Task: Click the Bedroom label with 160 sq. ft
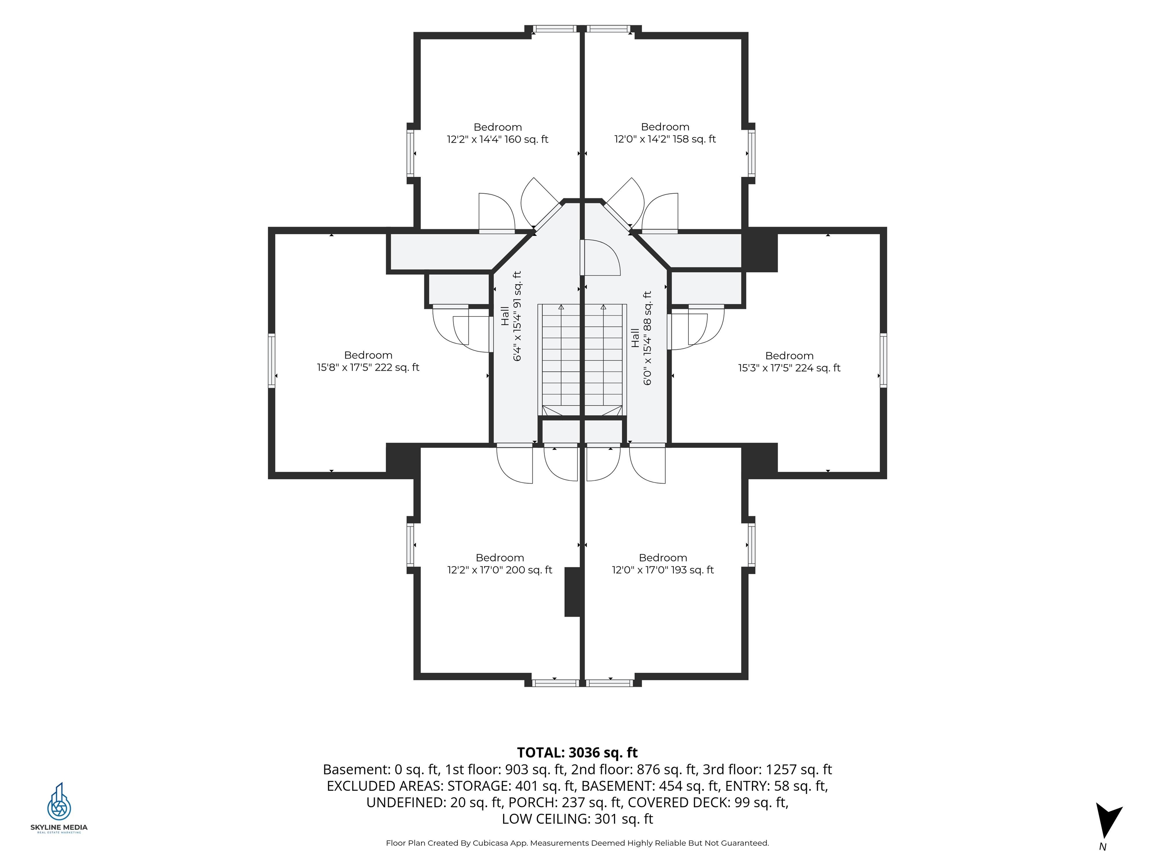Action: [x=498, y=133]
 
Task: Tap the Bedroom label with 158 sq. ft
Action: [x=665, y=133]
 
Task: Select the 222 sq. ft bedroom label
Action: [x=368, y=361]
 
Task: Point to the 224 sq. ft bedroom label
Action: [x=789, y=362]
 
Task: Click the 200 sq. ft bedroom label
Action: [x=500, y=564]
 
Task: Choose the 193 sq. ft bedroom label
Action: [x=662, y=564]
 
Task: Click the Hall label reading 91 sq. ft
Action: [x=511, y=316]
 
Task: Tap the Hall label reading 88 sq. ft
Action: [x=641, y=338]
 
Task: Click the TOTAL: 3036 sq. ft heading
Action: [x=577, y=753]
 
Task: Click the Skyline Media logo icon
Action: [x=59, y=802]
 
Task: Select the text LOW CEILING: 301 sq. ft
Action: [x=577, y=819]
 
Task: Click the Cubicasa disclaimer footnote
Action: [x=577, y=843]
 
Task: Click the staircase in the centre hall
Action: [x=582, y=360]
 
